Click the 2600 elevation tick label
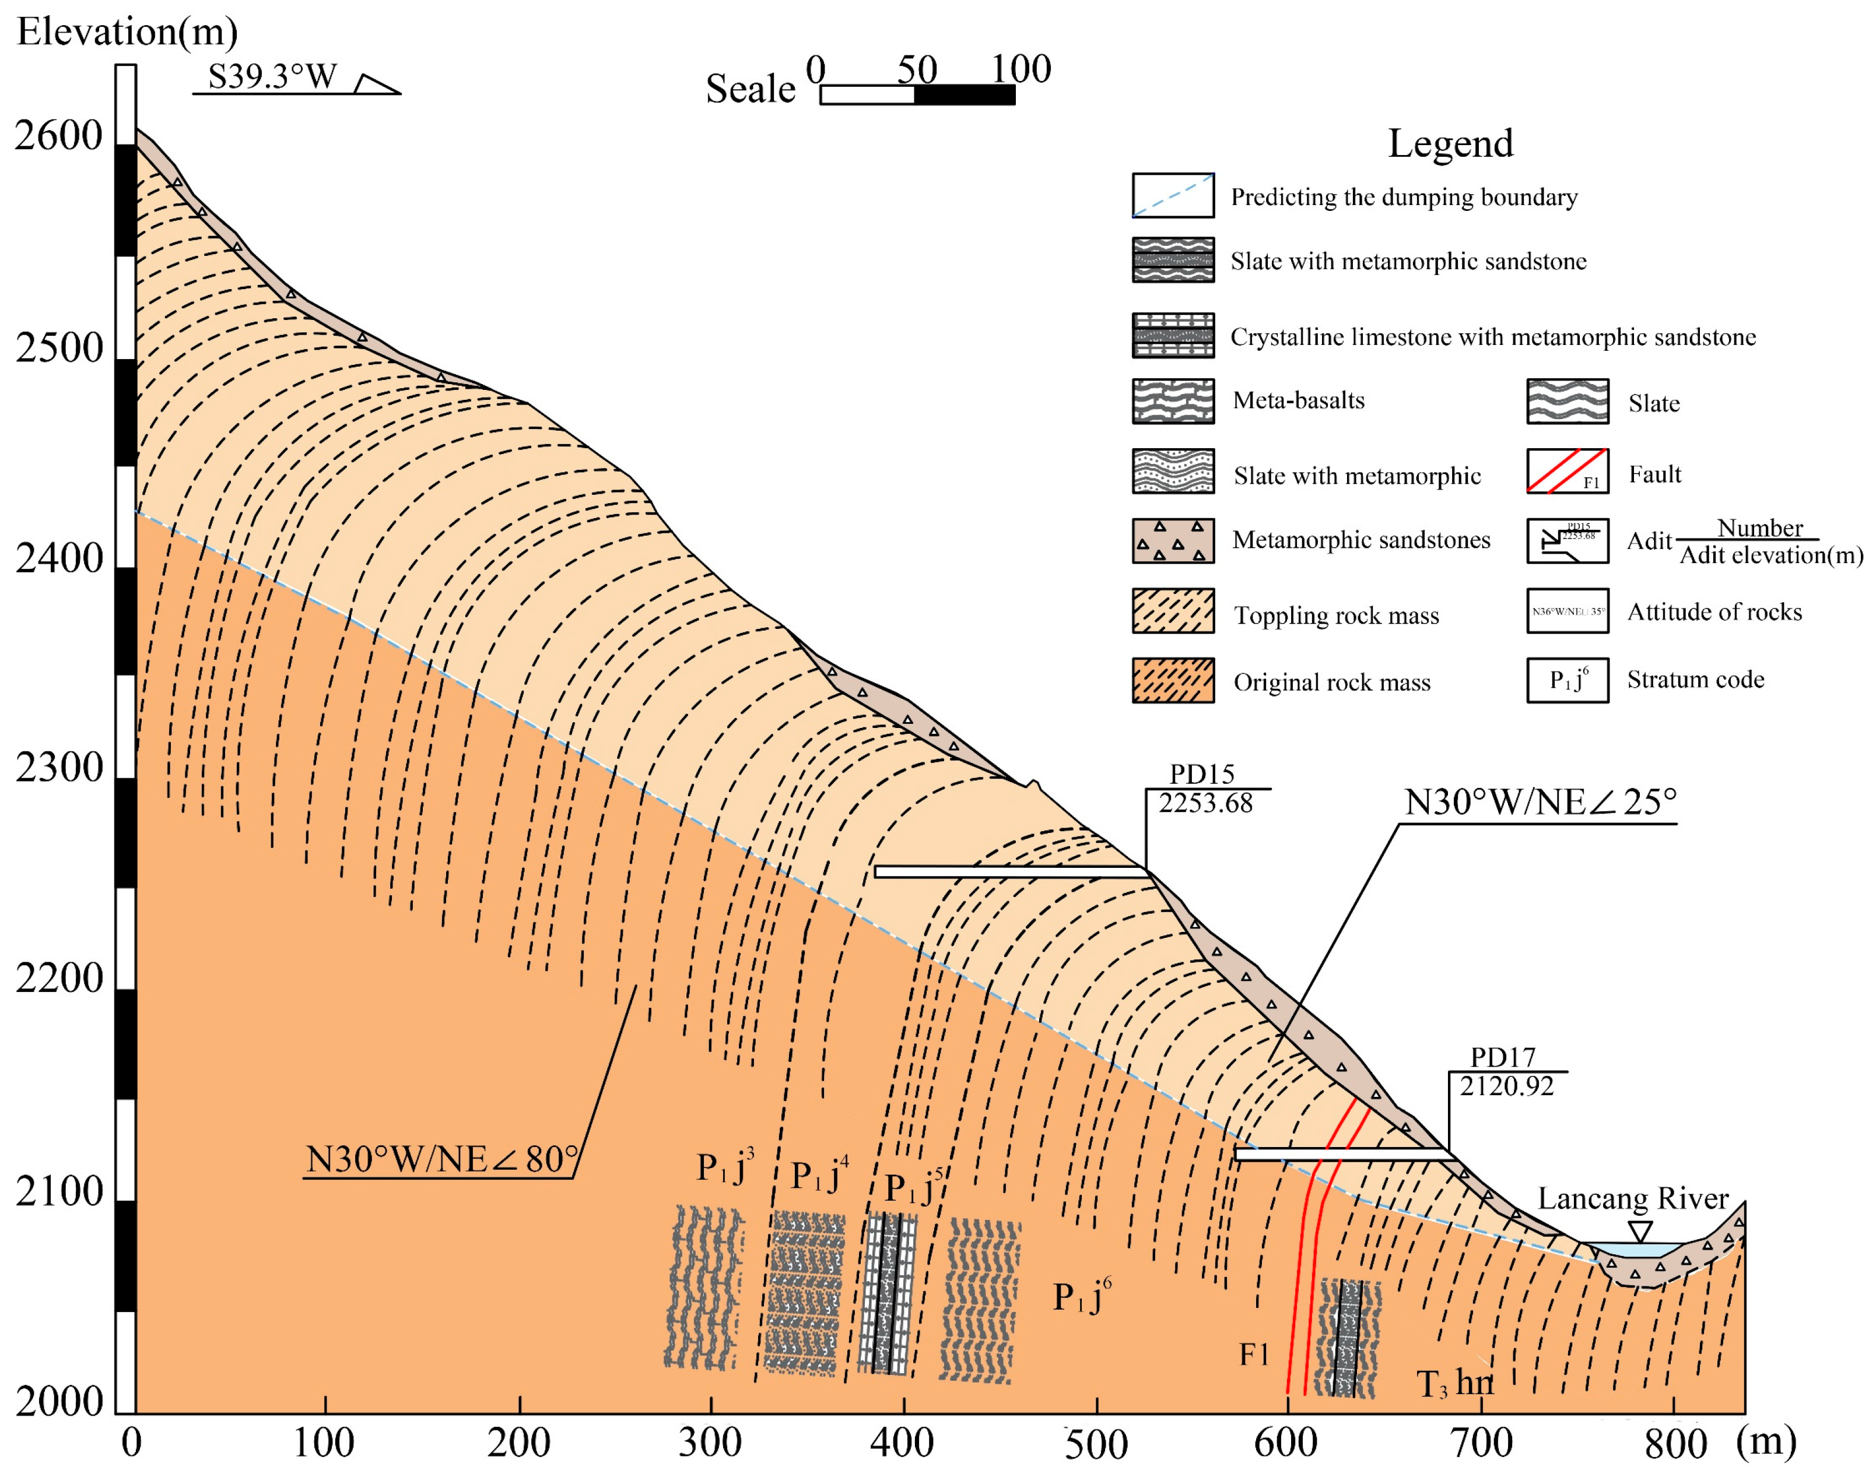(x=58, y=136)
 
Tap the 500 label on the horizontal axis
(x=1096, y=1445)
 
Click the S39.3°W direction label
(x=272, y=76)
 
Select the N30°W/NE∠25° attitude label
(x=1540, y=802)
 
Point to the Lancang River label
(x=1633, y=1198)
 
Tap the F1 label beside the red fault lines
(x=1254, y=1353)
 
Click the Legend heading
(x=1450, y=143)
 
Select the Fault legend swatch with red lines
(x=1568, y=471)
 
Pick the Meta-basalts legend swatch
(x=1173, y=400)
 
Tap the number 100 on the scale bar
(x=1021, y=69)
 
